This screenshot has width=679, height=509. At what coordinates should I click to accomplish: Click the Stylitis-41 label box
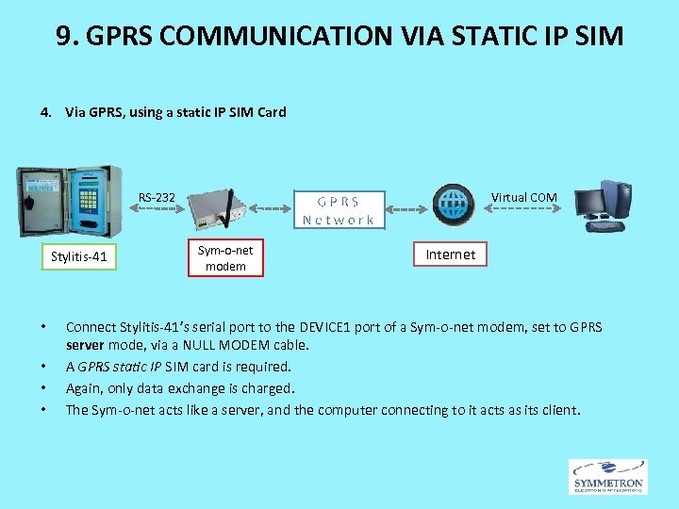tap(80, 255)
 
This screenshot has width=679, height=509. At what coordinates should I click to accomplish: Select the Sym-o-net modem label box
tap(225, 258)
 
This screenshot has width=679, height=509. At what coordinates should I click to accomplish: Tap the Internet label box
tap(451, 254)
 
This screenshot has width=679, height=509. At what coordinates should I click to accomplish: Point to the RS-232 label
tap(157, 198)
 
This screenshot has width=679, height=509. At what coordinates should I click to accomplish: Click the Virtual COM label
tap(524, 197)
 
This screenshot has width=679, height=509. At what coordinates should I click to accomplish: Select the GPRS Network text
tap(339, 210)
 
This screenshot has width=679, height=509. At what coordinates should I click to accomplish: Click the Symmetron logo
tap(607, 477)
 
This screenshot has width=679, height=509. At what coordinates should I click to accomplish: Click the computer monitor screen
tap(592, 202)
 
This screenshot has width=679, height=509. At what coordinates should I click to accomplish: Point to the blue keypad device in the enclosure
tap(89, 202)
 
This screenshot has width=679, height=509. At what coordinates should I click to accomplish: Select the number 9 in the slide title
tap(63, 37)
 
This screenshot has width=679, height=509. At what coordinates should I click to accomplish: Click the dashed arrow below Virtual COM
tap(523, 207)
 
